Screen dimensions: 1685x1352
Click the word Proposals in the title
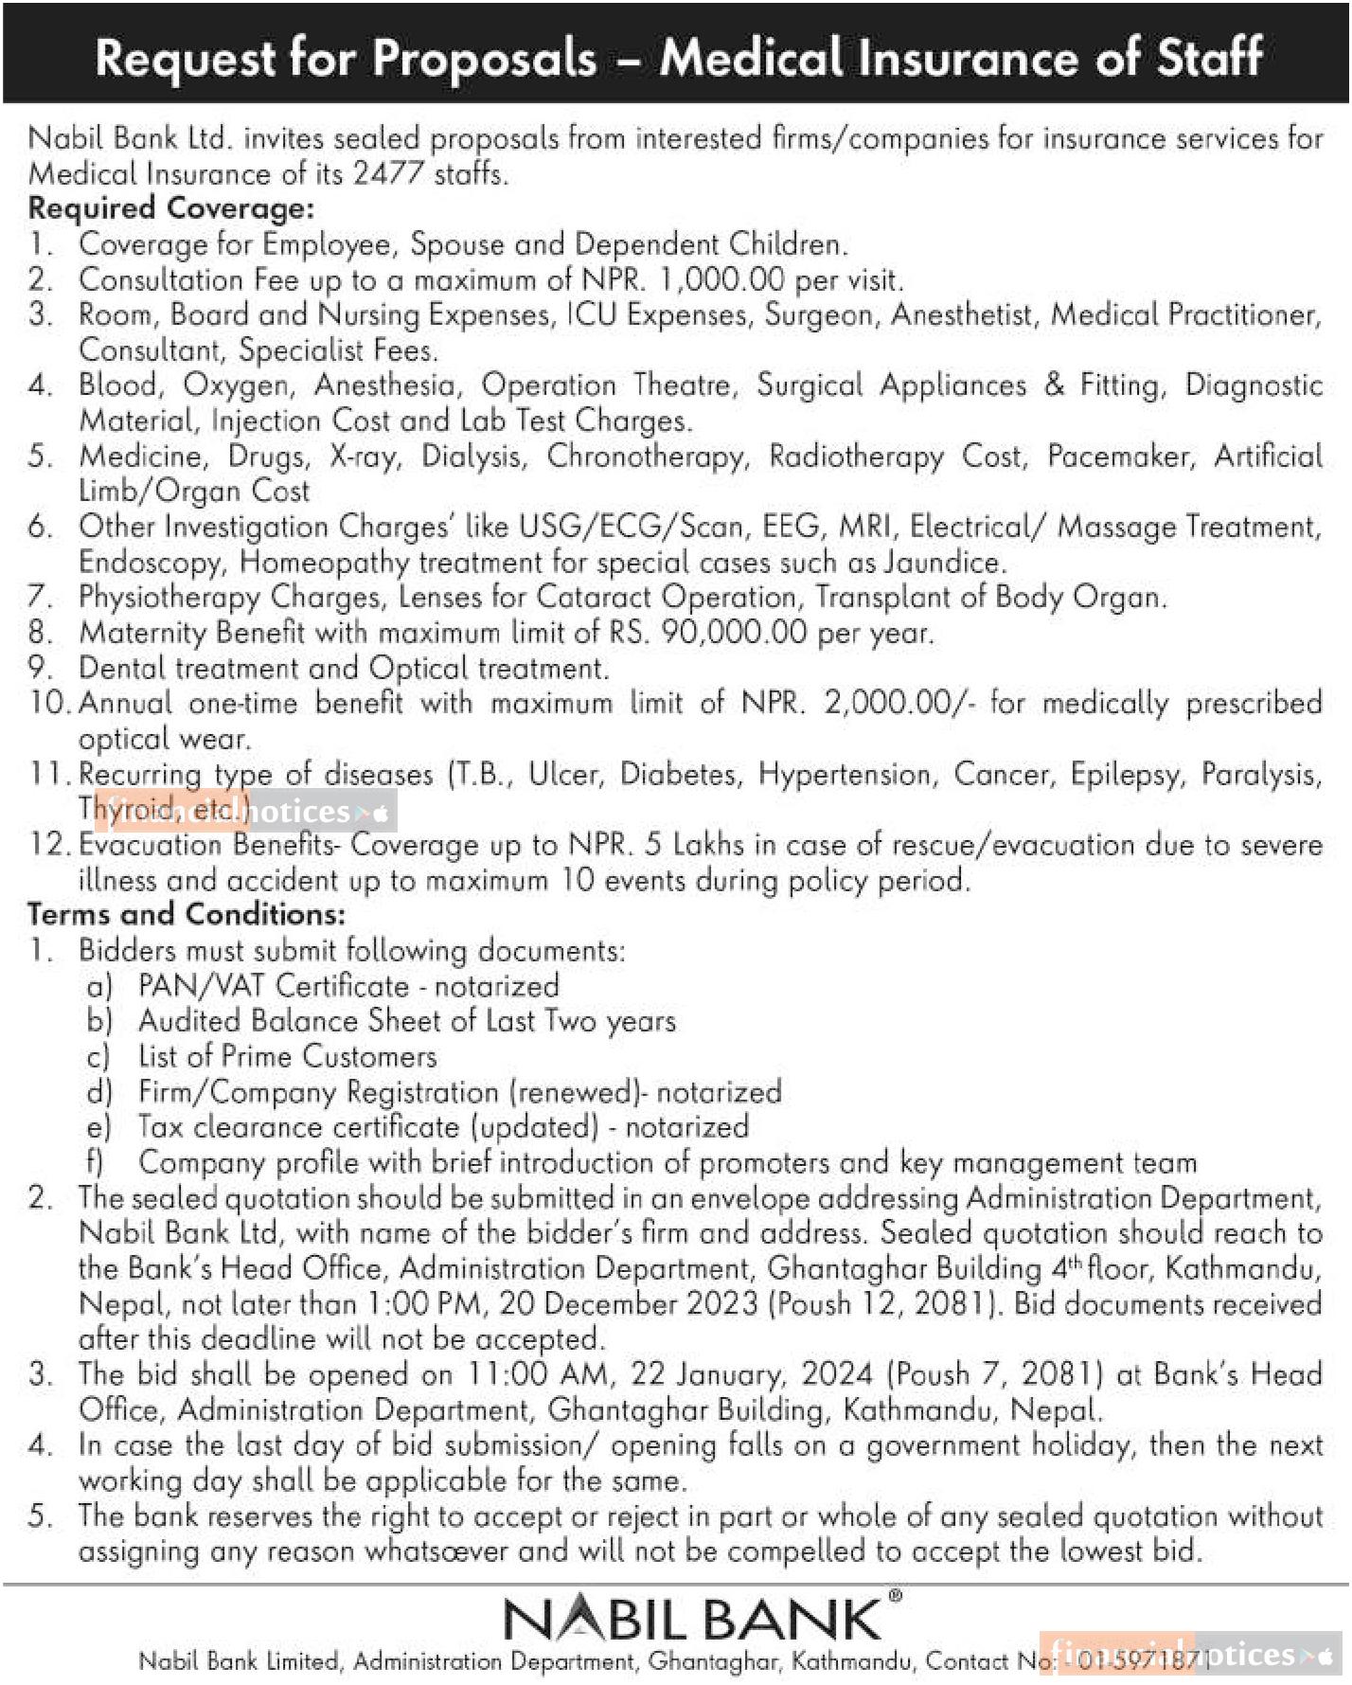(484, 59)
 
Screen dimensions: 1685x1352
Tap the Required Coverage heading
(170, 208)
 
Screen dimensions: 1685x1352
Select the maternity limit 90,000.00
(734, 633)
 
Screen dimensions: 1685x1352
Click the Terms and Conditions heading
(187, 915)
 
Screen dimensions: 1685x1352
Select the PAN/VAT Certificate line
(347, 986)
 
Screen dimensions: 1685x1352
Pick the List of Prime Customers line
(287, 1056)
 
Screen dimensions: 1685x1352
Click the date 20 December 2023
(629, 1304)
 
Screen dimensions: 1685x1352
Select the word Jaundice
(942, 563)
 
